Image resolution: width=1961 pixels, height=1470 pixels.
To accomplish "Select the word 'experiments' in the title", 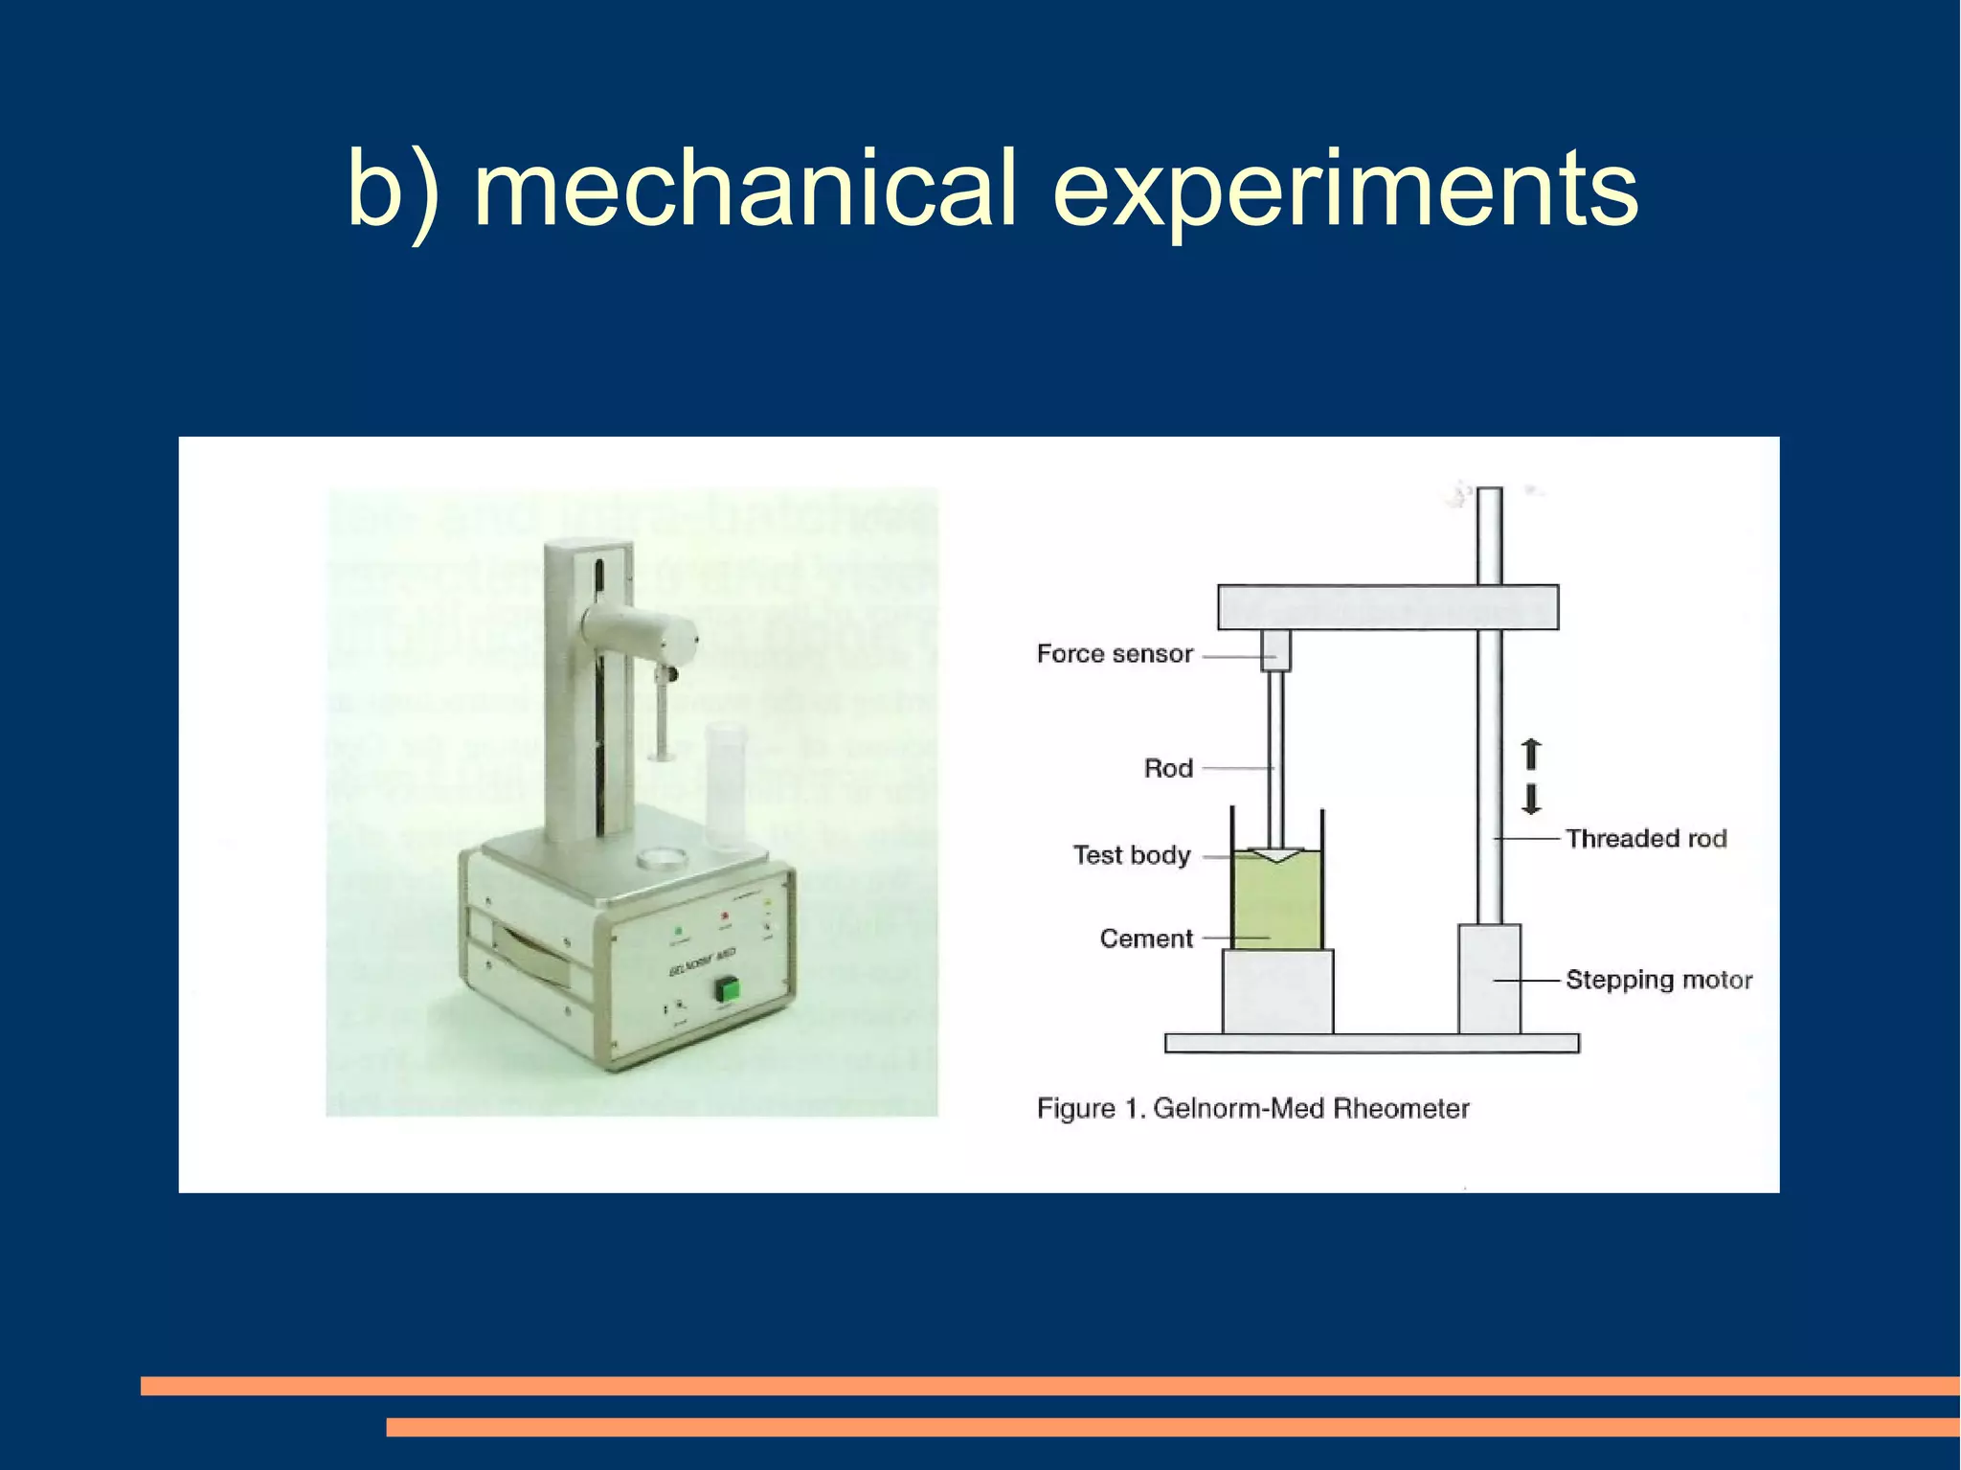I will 1345,192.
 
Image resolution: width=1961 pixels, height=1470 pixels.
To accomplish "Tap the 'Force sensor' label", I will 1115,654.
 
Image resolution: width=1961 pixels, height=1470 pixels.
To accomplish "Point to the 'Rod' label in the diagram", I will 1168,768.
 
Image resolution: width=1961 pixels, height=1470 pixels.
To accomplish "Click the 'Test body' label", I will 1131,854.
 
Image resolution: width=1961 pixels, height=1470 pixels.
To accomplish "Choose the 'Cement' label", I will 1146,939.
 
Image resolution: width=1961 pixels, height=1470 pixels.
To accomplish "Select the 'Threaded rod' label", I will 1646,839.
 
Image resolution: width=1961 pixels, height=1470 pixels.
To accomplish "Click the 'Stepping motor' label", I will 1658,980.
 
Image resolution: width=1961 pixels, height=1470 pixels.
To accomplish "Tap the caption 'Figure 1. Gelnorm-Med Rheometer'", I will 1252,1109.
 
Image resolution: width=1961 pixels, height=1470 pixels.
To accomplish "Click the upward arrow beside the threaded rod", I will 1531,754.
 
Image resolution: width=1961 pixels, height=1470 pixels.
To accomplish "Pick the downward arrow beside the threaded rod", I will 1531,799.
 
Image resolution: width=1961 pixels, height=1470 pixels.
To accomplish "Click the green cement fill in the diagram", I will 1277,905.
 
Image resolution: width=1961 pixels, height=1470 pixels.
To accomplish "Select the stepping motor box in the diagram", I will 1489,979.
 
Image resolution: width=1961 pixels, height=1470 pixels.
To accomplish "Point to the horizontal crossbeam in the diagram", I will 1387,607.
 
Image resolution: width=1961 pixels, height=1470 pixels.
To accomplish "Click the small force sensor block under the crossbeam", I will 1275,650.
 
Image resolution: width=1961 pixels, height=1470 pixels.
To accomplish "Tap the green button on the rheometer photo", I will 726,990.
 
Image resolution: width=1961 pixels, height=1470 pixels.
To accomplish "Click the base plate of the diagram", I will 1371,1043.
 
